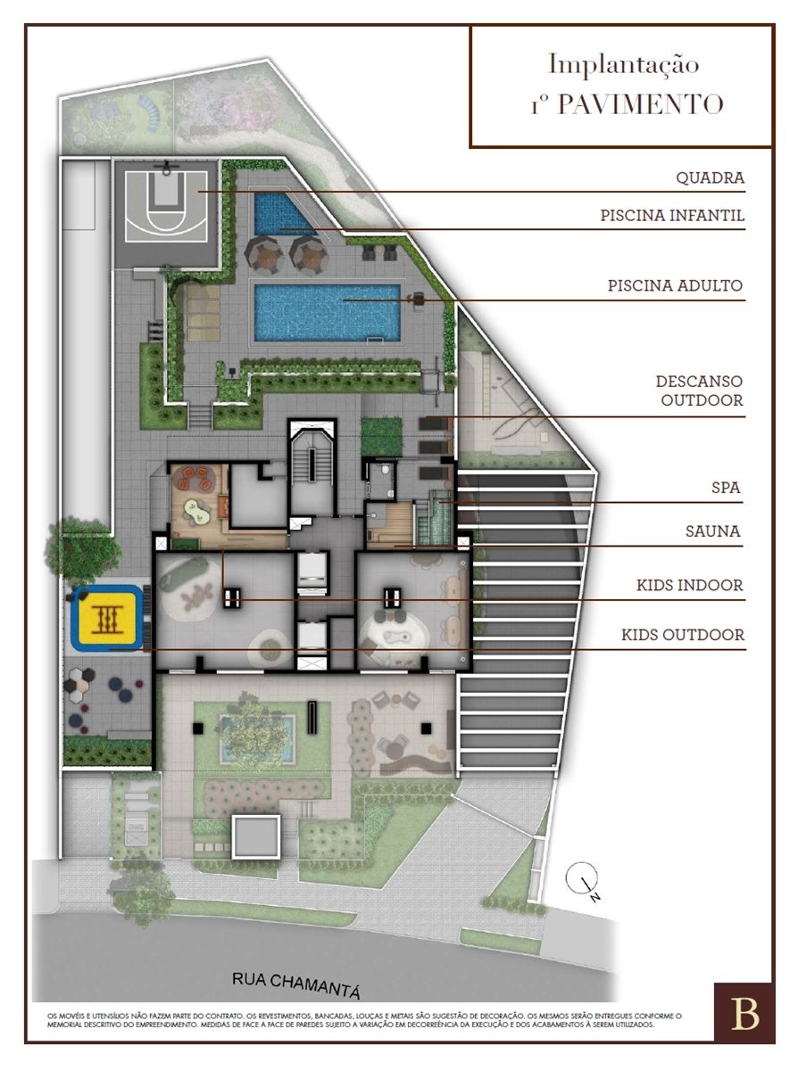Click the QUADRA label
[x=711, y=178]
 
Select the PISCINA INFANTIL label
[x=672, y=216]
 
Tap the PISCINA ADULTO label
[x=675, y=285]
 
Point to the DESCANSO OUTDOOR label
[x=699, y=391]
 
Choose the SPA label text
[x=726, y=488]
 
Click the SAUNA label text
[x=712, y=531]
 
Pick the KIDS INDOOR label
[x=689, y=586]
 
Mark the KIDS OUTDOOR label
[x=683, y=635]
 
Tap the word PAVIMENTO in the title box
[x=640, y=103]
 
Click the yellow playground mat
[x=106, y=618]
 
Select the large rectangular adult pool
[x=328, y=313]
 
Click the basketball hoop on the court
[x=167, y=168]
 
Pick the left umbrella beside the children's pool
[x=262, y=253]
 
